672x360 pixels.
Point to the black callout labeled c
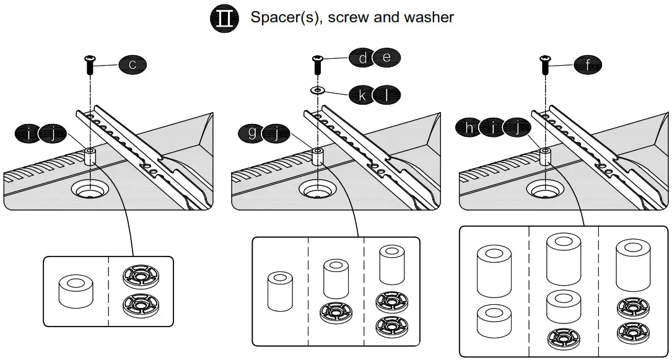[x=133, y=64]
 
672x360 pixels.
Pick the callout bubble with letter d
[x=362, y=58]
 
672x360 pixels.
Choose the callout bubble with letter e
[x=386, y=58]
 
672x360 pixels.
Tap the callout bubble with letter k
[x=362, y=95]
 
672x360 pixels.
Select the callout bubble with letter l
[x=386, y=95]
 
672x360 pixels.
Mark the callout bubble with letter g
[x=252, y=132]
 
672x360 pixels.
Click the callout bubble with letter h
[x=470, y=128]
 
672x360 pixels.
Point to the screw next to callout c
[x=90, y=64]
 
